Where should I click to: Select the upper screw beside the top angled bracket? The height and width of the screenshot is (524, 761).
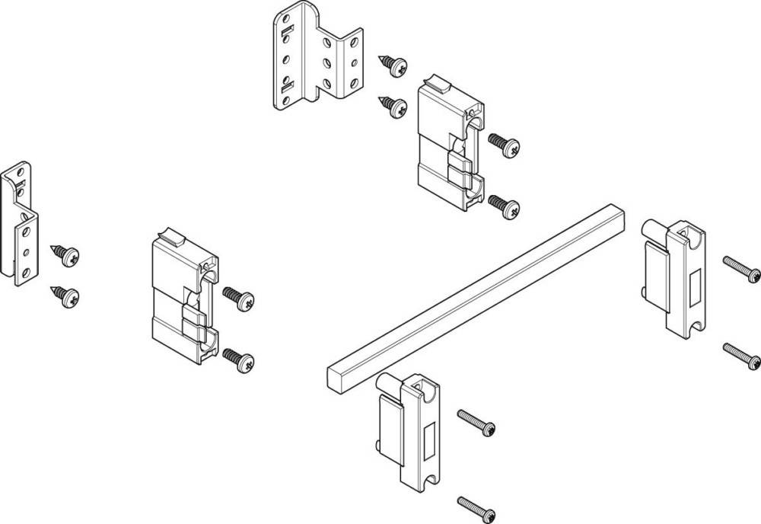pos(393,65)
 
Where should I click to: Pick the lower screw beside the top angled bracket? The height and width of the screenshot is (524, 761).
pos(393,106)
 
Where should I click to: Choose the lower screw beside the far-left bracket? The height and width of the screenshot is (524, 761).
pos(65,295)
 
